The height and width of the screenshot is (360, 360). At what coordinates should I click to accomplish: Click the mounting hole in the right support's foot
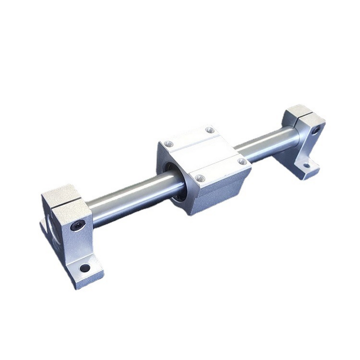pos(307,165)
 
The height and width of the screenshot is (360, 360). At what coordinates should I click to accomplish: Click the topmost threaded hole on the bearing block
pos(209,130)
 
